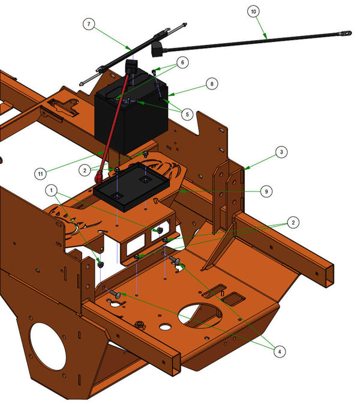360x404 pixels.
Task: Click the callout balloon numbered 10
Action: pyautogui.click(x=253, y=11)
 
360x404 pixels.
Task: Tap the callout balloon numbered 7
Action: pyautogui.click(x=89, y=24)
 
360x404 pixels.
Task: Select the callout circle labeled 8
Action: pyautogui.click(x=212, y=83)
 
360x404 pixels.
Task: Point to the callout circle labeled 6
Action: pyautogui.click(x=182, y=62)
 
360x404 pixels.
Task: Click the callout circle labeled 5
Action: pyautogui.click(x=187, y=115)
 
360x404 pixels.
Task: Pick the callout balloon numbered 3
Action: pyautogui.click(x=281, y=152)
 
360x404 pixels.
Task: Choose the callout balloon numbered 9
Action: pyautogui.click(x=266, y=191)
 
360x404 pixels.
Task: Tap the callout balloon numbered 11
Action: pyautogui.click(x=40, y=173)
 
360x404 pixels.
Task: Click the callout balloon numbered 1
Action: pyautogui.click(x=51, y=190)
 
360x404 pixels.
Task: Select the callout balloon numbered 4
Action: pyautogui.click(x=280, y=351)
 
